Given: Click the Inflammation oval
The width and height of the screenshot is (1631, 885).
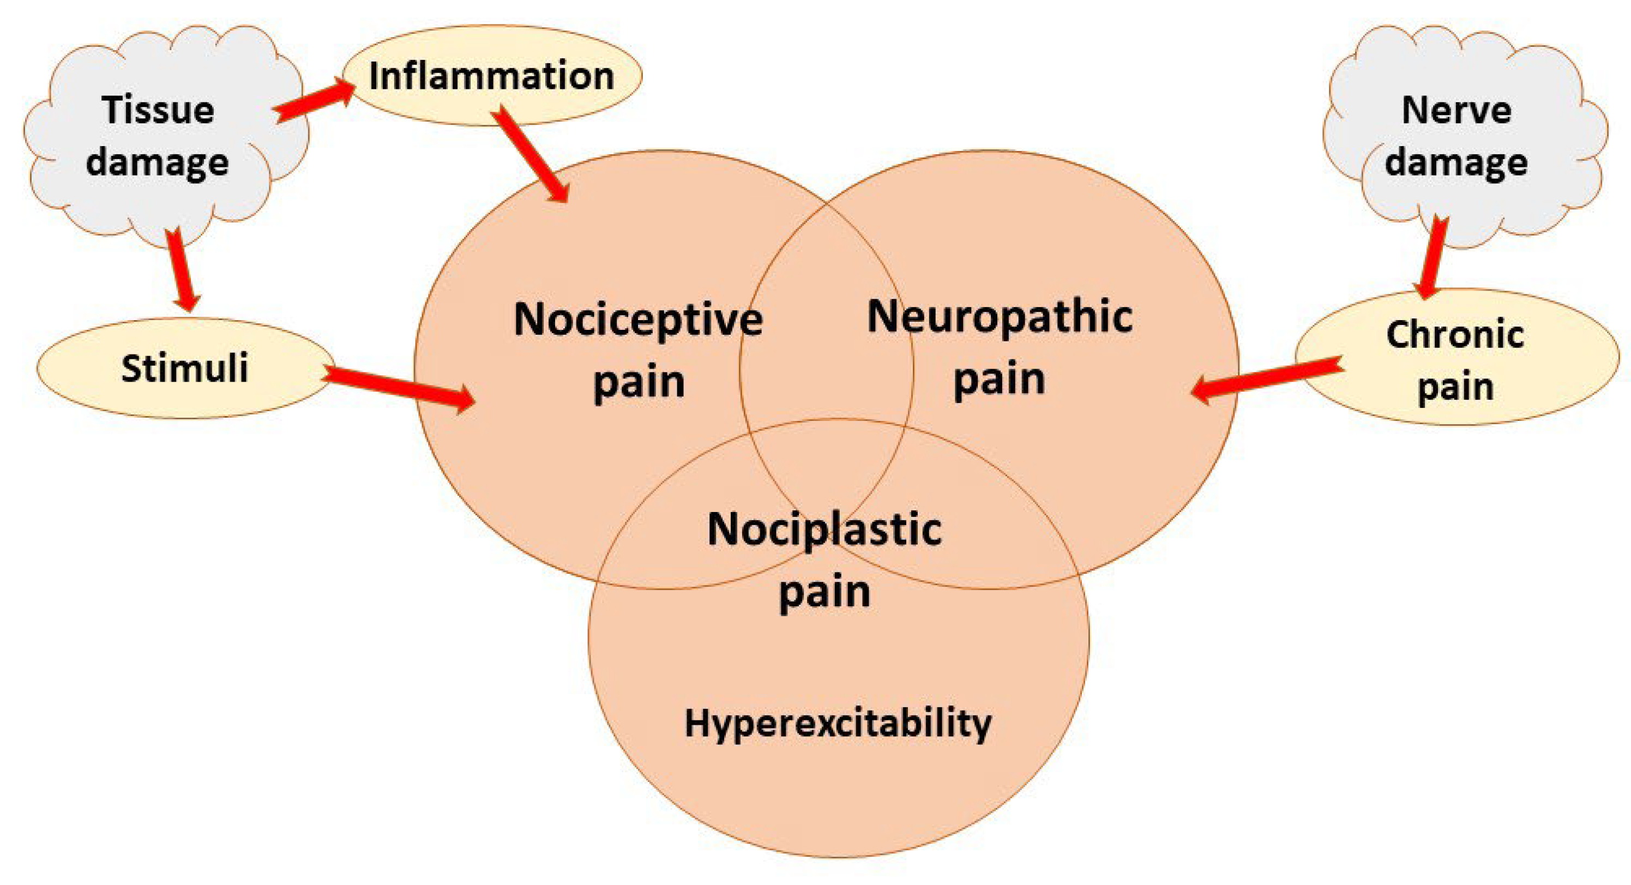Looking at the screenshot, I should (491, 76).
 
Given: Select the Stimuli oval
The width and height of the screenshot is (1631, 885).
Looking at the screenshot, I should (184, 369).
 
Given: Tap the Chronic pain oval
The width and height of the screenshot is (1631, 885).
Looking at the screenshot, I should (1457, 358).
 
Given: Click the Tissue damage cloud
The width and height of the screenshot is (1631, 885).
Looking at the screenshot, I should (158, 136).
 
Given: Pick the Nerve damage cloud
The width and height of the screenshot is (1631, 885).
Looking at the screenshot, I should (1457, 136).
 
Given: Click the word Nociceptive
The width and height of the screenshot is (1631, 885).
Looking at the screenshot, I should (638, 320).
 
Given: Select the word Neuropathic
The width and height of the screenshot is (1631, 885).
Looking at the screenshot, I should (999, 316).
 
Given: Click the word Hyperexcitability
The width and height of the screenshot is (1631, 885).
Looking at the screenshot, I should (838, 723).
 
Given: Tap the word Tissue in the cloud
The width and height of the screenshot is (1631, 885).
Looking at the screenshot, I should (158, 110).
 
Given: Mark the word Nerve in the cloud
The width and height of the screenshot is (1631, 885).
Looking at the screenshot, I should (1457, 110).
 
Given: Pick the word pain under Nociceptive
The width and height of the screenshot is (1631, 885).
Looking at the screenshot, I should (638, 382).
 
